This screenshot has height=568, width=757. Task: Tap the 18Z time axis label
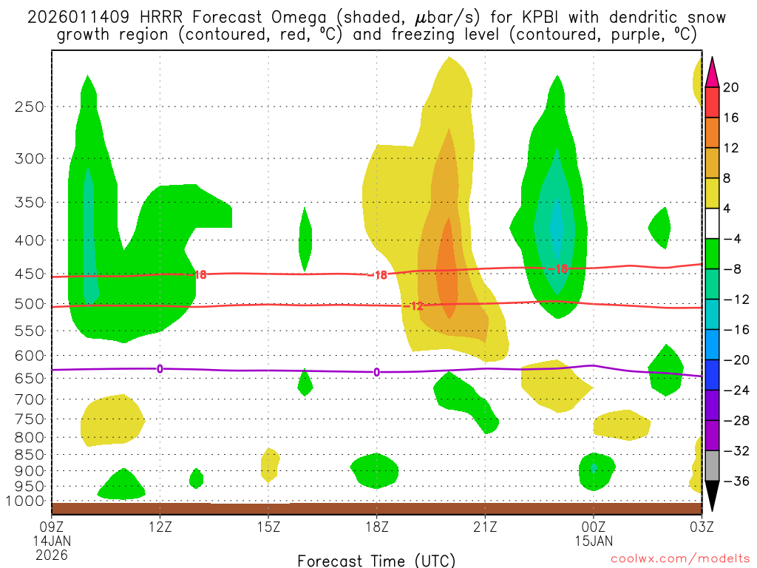click(x=376, y=527)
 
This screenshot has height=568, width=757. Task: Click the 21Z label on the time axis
click(x=484, y=527)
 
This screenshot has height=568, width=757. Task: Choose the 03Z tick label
click(x=701, y=527)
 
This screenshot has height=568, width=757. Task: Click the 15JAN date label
click(x=593, y=541)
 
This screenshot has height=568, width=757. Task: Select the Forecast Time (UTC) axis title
click(x=376, y=560)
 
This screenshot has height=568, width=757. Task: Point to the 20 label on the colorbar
click(x=731, y=87)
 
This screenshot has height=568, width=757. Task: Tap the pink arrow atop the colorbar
click(x=713, y=72)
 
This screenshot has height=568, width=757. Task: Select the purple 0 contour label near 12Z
click(x=159, y=368)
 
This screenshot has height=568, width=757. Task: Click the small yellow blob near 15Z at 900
click(x=270, y=464)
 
